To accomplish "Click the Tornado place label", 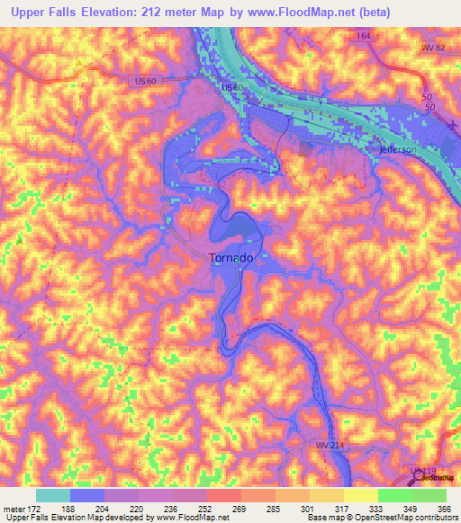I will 230,257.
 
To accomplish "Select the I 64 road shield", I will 363,36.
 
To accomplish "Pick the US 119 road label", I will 423,471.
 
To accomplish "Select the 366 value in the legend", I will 445,509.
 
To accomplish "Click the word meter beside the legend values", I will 13,509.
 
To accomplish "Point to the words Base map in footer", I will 323,519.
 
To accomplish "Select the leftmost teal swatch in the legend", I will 52,495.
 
